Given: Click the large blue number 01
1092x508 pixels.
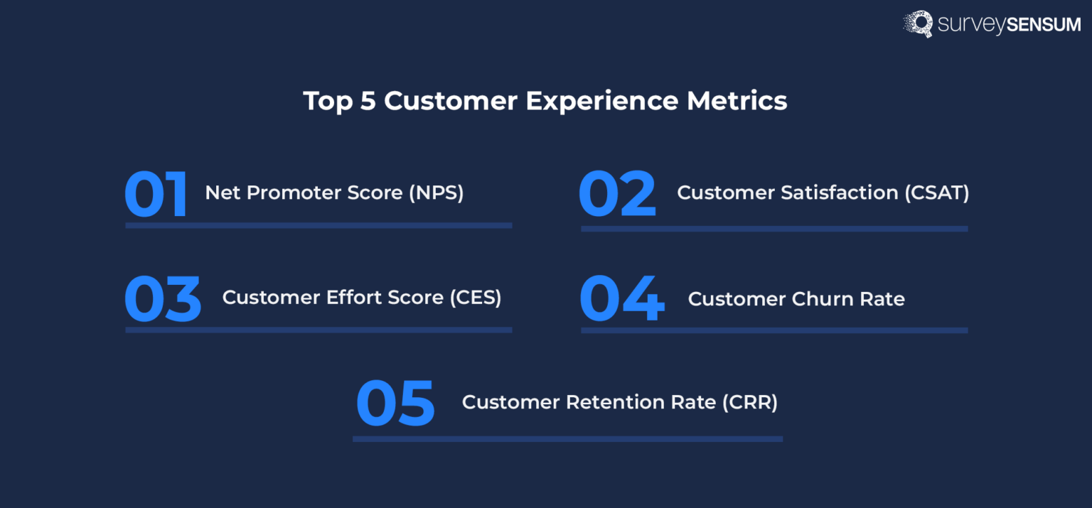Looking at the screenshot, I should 156,194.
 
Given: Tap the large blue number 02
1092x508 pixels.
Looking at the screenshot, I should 616,194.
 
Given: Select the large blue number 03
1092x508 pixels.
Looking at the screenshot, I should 163,299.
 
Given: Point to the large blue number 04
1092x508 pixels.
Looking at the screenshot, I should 622,299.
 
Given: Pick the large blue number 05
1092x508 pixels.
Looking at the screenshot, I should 395,403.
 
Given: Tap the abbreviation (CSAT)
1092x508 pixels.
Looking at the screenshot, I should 937,193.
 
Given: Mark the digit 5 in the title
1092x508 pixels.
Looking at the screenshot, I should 368,101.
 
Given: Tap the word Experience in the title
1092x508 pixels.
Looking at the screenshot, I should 602,101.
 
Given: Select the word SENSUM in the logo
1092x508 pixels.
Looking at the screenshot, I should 1044,25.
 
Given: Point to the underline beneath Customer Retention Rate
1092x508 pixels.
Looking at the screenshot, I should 567,439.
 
